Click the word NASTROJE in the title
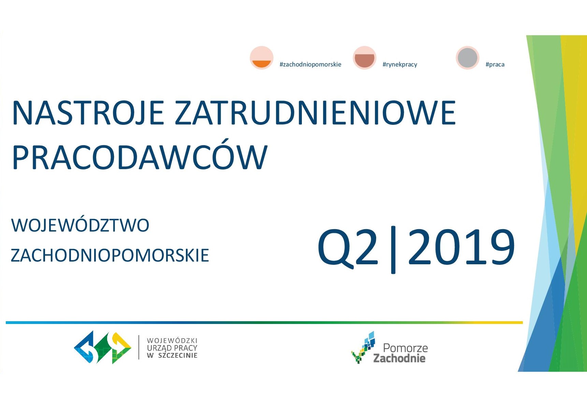click(x=88, y=113)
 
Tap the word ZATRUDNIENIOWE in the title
click(x=315, y=113)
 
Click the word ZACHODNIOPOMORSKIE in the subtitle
click(x=110, y=255)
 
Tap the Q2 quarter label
click(x=348, y=248)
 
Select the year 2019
click(x=461, y=247)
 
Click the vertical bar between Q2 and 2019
click(x=393, y=250)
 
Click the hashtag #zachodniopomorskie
click(x=310, y=64)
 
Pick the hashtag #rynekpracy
click(x=400, y=64)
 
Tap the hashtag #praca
click(x=495, y=64)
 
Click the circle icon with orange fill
click(x=262, y=58)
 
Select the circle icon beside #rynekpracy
click(x=365, y=58)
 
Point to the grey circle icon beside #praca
click(x=468, y=58)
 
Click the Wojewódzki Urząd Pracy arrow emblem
click(x=103, y=347)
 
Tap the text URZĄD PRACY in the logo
click(x=172, y=348)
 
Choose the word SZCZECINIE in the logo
click(x=178, y=355)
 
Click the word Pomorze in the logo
click(x=405, y=348)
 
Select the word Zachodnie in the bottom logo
click(x=399, y=358)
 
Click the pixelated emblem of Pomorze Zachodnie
click(x=363, y=347)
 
